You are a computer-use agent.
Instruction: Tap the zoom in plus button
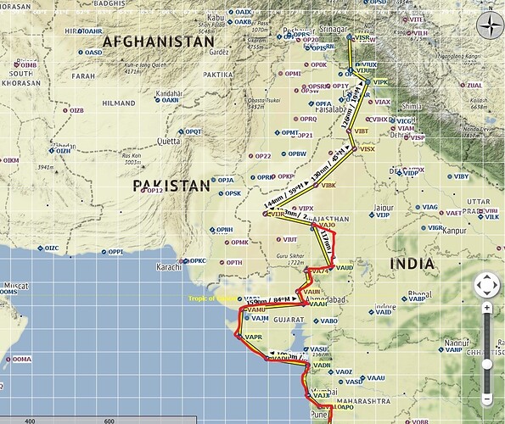coord(487,307)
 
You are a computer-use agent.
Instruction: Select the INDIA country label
coord(412,264)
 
